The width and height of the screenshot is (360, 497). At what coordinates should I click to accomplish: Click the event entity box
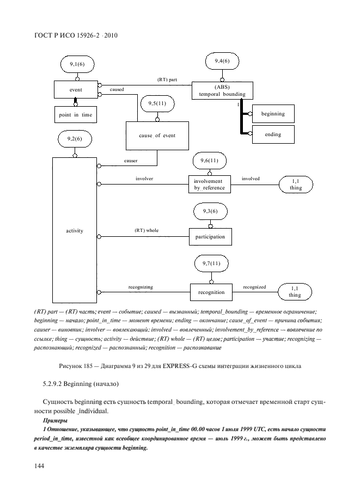point(75,90)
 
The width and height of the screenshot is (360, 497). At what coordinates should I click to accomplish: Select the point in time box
point(76,114)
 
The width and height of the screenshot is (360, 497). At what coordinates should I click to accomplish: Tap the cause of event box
point(157,136)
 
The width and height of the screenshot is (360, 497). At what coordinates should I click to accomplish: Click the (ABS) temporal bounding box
point(218,90)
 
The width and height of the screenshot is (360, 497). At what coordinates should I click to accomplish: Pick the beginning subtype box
point(273,114)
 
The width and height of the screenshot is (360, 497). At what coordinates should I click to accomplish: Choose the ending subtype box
point(273,134)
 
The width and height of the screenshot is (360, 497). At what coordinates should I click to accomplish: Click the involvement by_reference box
point(210,185)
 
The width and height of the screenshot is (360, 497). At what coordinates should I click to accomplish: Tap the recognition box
point(211,292)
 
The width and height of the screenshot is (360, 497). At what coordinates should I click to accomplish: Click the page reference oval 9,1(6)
point(77,65)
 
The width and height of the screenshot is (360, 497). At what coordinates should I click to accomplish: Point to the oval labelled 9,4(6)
point(219,61)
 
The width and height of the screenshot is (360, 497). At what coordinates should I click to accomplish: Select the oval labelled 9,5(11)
point(157,103)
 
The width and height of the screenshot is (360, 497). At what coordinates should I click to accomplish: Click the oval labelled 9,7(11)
point(212,264)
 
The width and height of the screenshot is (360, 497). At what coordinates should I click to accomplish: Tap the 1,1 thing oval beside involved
point(296,184)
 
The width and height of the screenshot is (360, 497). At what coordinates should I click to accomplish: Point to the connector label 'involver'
point(144,178)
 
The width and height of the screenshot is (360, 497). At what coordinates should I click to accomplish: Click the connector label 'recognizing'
point(141,286)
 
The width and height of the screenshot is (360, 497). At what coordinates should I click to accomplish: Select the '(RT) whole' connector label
point(147,231)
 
